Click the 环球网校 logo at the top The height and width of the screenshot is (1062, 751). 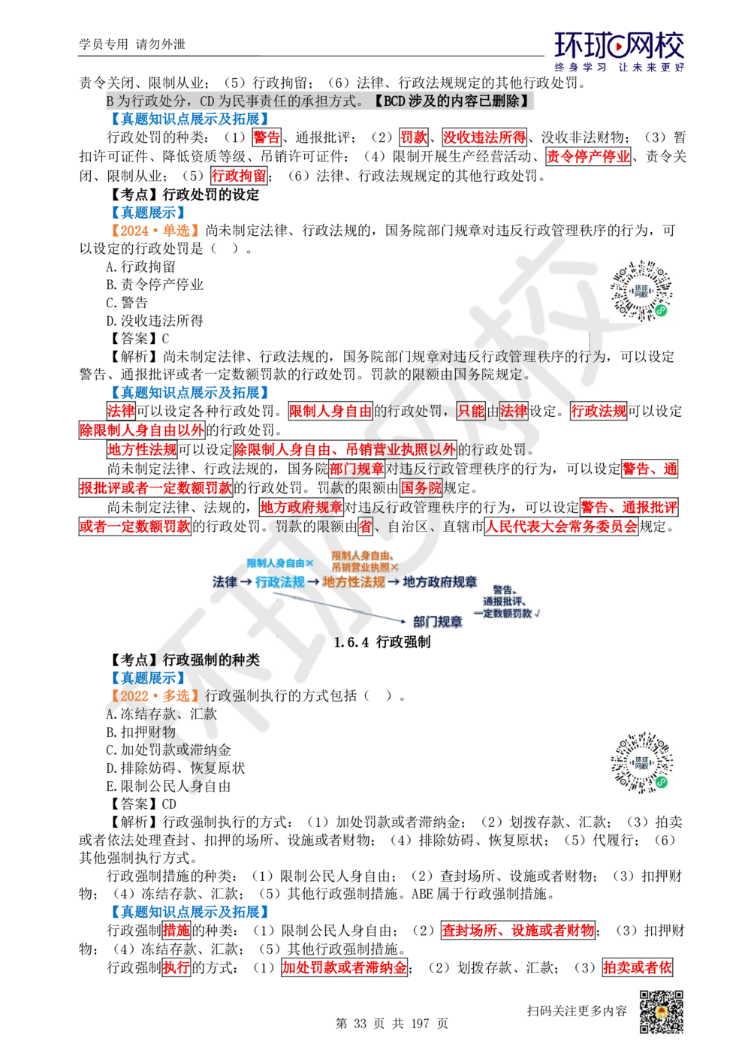coord(619,51)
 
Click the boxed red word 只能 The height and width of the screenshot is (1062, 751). coord(471,411)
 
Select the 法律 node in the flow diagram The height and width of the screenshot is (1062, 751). coord(225,582)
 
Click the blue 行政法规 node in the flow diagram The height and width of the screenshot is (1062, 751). coord(280,582)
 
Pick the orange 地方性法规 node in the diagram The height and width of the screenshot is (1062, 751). coord(354,582)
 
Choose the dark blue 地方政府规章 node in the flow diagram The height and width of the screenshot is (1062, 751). coord(440,582)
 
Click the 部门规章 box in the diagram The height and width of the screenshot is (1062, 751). coord(438,622)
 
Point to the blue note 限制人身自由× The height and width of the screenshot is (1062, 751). coord(280,563)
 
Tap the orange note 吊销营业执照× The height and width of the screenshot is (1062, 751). coord(365,568)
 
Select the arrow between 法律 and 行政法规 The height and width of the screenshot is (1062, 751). coord(246,582)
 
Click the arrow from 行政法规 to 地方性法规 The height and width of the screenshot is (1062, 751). coord(314,582)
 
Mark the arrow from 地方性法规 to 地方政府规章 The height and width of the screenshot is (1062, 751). coord(394,582)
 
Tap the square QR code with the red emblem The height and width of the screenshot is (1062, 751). coord(661,1012)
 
